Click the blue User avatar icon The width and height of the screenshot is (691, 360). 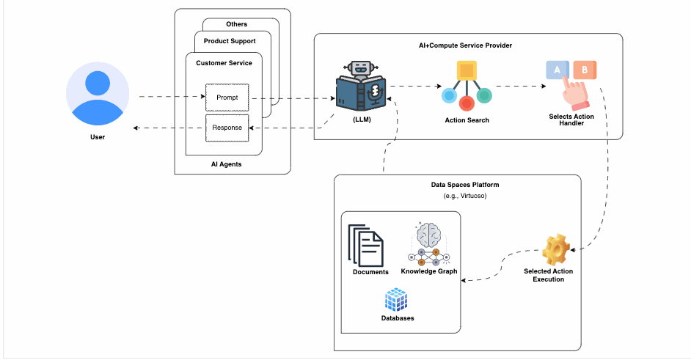click(98, 93)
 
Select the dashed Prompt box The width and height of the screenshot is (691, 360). click(227, 98)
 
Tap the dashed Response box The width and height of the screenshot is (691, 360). click(227, 128)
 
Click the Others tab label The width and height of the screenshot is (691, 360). click(237, 24)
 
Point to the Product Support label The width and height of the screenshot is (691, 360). click(230, 41)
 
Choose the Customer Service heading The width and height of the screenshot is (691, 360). click(224, 63)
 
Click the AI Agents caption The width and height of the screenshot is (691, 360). click(226, 164)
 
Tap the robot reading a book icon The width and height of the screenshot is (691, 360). click(361, 86)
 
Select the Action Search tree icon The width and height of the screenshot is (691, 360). click(467, 86)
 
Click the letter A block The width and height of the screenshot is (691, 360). click(557, 70)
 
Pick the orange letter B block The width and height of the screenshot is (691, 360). click(585, 70)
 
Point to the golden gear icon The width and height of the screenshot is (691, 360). click(556, 249)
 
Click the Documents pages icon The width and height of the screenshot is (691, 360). click(366, 246)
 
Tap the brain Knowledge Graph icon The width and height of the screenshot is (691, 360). click(429, 244)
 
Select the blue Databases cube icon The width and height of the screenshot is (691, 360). click(396, 300)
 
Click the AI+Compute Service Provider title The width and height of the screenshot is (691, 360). click(465, 45)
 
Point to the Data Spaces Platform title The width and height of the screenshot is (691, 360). click(465, 185)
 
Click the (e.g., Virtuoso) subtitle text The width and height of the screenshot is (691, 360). click(465, 196)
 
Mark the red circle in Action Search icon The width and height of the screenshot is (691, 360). click(467, 103)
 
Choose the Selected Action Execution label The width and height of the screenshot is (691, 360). click(548, 276)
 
